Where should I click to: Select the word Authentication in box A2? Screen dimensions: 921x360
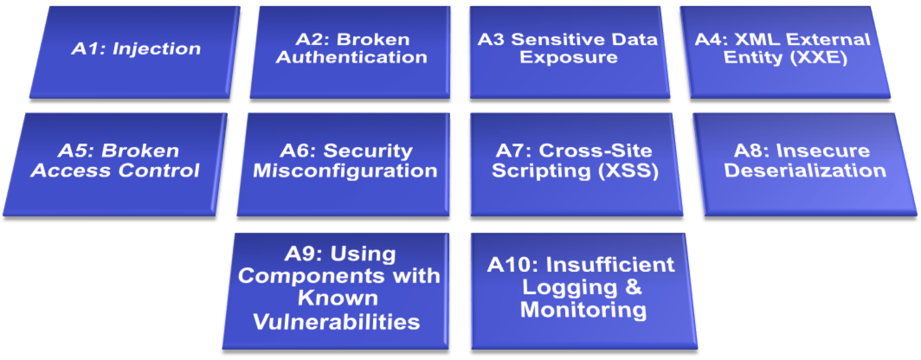click(351, 57)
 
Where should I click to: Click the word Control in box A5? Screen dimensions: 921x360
click(159, 170)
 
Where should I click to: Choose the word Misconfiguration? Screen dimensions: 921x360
click(345, 170)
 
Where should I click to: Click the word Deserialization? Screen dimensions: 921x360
click(805, 170)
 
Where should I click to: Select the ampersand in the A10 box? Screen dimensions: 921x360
click(633, 287)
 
